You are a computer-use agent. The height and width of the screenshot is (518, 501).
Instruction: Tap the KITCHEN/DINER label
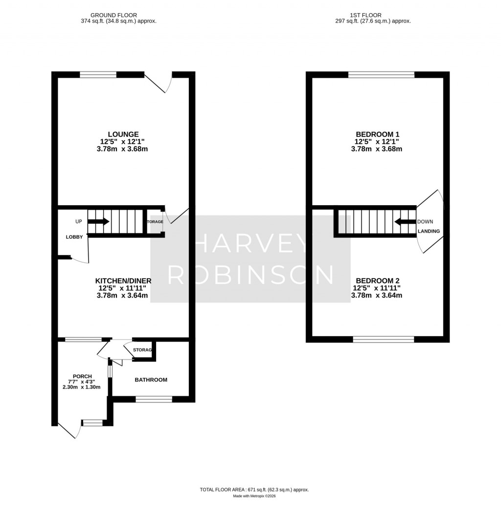(123, 281)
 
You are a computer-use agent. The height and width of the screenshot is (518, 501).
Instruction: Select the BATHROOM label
(151, 380)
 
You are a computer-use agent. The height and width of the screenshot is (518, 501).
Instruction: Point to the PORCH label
(82, 376)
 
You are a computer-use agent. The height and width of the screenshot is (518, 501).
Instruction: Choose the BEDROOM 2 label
(377, 281)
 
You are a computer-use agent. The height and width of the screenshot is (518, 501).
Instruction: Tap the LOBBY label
(75, 237)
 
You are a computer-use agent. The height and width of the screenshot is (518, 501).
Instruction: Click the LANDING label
(429, 231)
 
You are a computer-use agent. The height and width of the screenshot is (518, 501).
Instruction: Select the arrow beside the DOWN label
(405, 222)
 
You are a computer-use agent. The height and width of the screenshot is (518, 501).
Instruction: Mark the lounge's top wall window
(98, 75)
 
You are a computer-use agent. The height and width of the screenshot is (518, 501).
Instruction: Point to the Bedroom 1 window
(381, 75)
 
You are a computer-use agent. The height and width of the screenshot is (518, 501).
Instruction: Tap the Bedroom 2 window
(384, 339)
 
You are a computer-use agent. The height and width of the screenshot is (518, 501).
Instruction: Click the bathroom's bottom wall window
(154, 399)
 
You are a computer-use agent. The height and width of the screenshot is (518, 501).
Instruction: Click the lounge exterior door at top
(158, 82)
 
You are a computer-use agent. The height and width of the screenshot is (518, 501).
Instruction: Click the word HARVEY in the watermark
(250, 242)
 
